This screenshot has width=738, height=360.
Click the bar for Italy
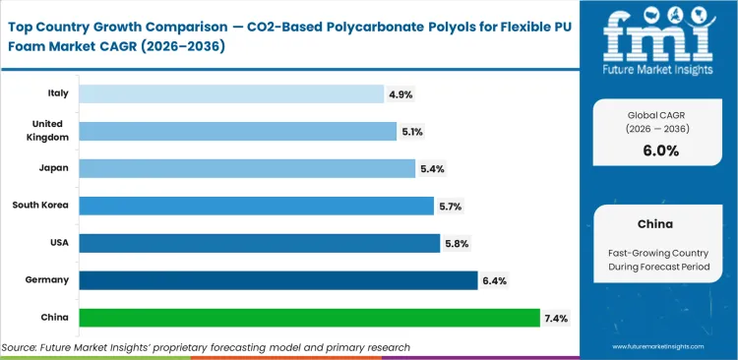(230, 93)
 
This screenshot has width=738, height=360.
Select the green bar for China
(309, 318)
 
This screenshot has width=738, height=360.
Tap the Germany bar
(277, 280)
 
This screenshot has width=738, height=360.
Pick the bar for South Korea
(256, 206)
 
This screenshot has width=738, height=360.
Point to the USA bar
(259, 243)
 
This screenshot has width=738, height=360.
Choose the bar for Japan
(246, 168)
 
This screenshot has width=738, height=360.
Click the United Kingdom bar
(237, 131)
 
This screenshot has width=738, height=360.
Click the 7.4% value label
(557, 318)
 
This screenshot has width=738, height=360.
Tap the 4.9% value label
(401, 93)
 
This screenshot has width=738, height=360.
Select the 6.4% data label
(495, 280)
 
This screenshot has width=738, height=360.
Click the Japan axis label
(53, 168)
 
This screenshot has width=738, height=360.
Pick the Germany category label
(47, 280)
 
